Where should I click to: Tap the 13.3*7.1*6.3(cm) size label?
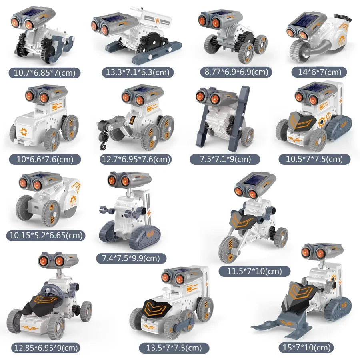pyautogui.click(x=134, y=72)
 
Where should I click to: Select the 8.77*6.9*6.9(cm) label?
pyautogui.click(x=236, y=72)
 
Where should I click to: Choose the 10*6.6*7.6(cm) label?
pyautogui.click(x=45, y=159)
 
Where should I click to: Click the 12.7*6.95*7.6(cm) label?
pyautogui.click(x=136, y=159)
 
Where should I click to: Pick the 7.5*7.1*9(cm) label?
pyautogui.click(x=226, y=159)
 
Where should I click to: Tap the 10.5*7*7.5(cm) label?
pyautogui.click(x=314, y=159)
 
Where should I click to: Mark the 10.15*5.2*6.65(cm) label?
pyautogui.click(x=45, y=236)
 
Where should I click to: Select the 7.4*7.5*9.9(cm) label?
pyautogui.click(x=131, y=258)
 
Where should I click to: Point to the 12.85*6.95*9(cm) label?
pyautogui.click(x=44, y=348)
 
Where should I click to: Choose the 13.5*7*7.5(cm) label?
pyautogui.click(x=174, y=348)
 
